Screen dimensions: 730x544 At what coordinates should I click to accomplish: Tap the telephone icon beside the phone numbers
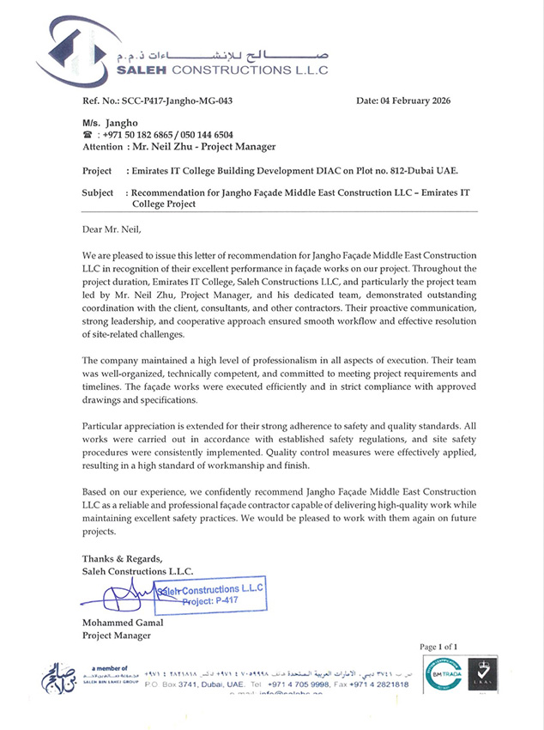[x=88, y=136]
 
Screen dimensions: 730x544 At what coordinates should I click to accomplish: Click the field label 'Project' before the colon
[x=100, y=170]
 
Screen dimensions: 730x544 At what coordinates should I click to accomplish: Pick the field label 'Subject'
[x=100, y=192]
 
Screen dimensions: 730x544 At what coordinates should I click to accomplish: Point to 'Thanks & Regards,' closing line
[x=122, y=559]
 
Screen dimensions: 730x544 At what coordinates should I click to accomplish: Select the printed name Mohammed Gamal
[x=124, y=623]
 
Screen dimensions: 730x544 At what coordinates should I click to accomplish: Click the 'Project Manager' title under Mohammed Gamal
[x=116, y=636]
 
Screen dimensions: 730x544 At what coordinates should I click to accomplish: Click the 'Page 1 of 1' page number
[x=438, y=646]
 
